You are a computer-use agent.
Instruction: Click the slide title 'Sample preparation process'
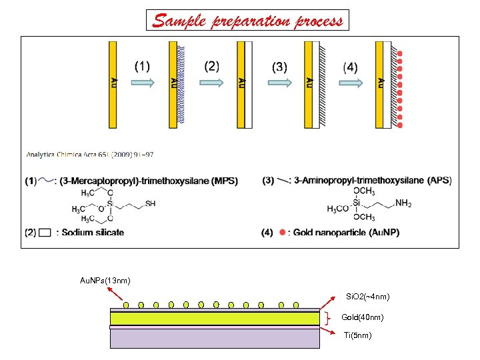click(x=247, y=21)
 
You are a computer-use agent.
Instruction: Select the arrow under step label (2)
click(x=211, y=83)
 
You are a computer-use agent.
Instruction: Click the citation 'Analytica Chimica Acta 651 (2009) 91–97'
click(x=90, y=154)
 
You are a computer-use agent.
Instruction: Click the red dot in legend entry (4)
click(x=283, y=232)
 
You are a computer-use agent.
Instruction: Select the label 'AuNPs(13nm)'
click(x=101, y=280)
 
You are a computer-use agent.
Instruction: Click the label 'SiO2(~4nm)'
click(x=367, y=296)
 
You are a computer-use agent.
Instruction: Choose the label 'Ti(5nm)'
click(x=357, y=335)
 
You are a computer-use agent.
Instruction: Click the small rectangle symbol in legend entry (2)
click(x=45, y=232)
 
